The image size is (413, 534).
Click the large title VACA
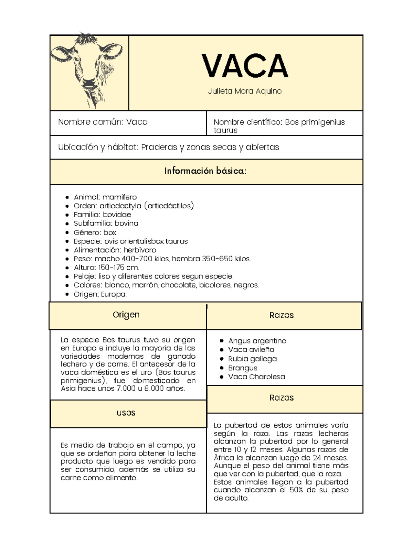click(x=245, y=66)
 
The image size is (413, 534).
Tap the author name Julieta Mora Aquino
click(x=245, y=91)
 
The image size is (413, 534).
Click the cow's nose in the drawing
click(x=89, y=83)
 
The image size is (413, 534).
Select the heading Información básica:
click(x=205, y=171)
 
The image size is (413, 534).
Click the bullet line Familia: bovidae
click(x=102, y=215)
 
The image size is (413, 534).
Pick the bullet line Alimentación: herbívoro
click(x=115, y=250)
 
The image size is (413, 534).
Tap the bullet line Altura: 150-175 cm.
click(x=106, y=268)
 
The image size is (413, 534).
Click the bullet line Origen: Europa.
click(x=100, y=294)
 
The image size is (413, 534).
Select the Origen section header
click(x=126, y=315)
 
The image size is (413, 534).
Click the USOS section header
click(x=126, y=413)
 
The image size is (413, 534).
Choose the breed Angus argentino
click(x=257, y=341)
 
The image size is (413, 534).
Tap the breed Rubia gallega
click(x=252, y=359)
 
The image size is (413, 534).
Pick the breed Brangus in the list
click(x=242, y=368)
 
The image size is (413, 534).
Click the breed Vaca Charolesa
click(x=256, y=377)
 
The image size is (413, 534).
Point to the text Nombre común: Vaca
click(x=103, y=122)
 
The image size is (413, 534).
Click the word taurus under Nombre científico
click(x=225, y=130)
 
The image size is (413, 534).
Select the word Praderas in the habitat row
click(x=159, y=147)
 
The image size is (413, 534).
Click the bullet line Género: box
click(x=95, y=232)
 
